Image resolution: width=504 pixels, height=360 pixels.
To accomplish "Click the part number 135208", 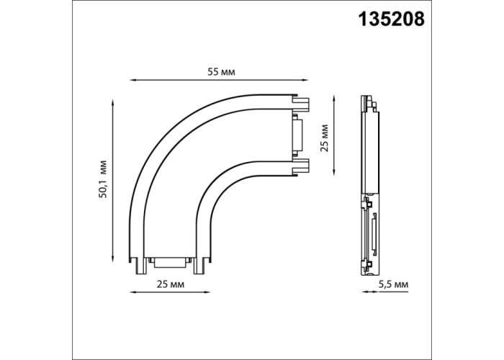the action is pos(392,19).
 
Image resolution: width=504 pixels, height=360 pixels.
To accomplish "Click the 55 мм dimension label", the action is pos(221,72).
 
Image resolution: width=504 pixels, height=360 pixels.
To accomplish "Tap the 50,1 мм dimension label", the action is pos(103,179).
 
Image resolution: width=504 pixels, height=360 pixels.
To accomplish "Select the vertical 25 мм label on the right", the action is pos(325,138).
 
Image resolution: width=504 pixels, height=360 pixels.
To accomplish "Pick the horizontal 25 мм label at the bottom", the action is pos(171,284).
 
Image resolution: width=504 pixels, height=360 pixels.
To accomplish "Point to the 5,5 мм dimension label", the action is pos(393,284).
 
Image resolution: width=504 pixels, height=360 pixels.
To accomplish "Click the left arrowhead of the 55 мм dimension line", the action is pos(132,80).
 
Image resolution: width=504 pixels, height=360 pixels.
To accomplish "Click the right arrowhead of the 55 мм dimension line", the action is pos(306,80).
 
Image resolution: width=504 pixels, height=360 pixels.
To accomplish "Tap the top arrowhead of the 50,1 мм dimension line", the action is pos(113,102).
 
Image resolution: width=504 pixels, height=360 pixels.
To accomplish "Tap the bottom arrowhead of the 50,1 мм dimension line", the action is pos(113,259).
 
